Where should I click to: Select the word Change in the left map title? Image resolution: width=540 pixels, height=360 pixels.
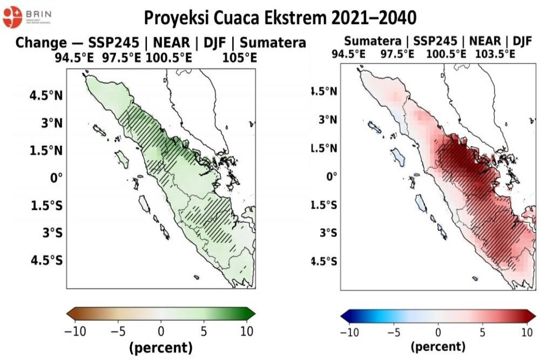(41, 43)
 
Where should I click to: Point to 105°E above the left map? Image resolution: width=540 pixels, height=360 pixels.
(240, 57)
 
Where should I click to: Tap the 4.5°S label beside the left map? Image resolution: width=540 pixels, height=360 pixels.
(49, 260)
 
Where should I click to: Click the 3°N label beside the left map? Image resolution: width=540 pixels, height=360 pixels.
(52, 123)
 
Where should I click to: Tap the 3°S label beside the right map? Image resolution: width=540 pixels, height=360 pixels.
(326, 233)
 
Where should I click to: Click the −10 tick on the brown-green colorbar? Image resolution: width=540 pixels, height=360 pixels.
(75, 331)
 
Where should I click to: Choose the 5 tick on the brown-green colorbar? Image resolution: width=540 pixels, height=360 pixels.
(204, 331)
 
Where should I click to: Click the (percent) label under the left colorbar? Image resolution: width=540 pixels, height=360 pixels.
(160, 348)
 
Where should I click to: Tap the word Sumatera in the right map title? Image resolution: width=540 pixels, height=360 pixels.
(372, 40)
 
